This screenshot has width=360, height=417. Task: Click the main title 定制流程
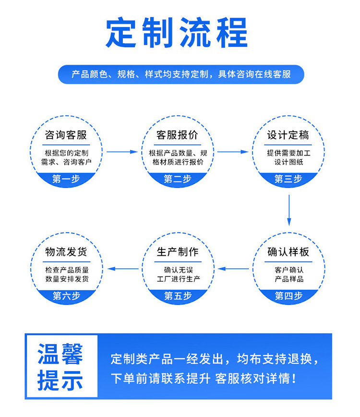coord(177,33)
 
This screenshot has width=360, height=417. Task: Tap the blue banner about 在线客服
coord(181,74)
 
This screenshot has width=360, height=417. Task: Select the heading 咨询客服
coord(66,135)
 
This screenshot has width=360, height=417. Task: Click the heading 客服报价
coord(177,135)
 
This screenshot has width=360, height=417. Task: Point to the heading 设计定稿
coord(288,135)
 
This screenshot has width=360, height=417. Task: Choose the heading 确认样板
coord(288,251)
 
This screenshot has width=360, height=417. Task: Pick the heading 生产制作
coord(178,251)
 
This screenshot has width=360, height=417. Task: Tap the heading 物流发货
coord(66,251)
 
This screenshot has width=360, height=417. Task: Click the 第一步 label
coord(66,179)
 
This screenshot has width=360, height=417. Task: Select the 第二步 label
coord(178,179)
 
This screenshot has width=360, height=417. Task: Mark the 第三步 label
coord(288,179)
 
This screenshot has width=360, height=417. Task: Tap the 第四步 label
coord(288,296)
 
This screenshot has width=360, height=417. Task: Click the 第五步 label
coord(178,296)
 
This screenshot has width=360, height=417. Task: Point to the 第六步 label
coord(66,296)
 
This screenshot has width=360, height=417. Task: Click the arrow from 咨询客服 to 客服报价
coord(122,152)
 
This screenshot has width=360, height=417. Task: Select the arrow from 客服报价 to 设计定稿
coord(233,152)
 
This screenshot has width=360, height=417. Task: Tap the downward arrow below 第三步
coord(289,210)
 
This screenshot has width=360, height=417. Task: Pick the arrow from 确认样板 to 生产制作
coord(233,269)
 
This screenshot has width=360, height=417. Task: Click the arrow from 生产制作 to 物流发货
coord(123,269)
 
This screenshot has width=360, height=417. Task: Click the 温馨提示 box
coord(62,366)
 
